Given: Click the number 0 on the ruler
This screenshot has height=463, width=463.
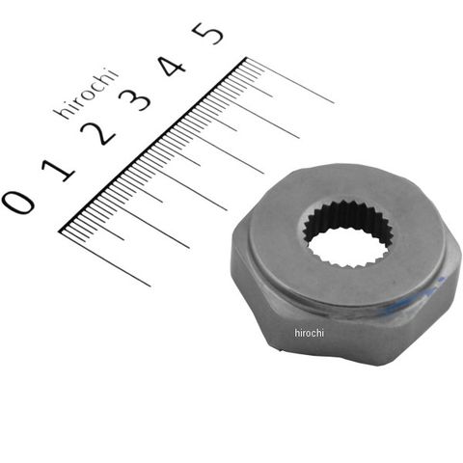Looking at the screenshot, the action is point(18,202).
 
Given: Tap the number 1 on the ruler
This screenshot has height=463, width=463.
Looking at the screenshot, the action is point(59,171).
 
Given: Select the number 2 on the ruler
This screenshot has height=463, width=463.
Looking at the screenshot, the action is point(97,133).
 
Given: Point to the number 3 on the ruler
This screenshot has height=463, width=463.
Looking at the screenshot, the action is point(135,97).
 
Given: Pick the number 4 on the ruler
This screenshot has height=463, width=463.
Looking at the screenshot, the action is point(173,65).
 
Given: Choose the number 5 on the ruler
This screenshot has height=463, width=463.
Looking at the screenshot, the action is point(207,33).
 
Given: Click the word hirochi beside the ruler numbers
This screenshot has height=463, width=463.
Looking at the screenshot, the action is point(86,94).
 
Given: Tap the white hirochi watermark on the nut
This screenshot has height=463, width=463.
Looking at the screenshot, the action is point(309,333).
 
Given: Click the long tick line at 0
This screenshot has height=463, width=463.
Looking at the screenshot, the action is point(105,259).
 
